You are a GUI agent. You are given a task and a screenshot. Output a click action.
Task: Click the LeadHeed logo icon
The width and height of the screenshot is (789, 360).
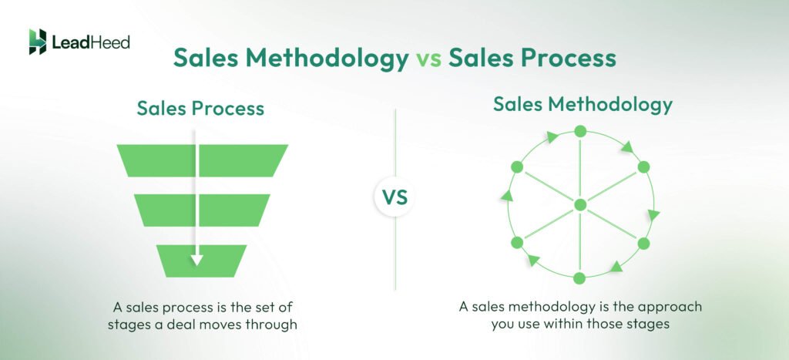[37, 42]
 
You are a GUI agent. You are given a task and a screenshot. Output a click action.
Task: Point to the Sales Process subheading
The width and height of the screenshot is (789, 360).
[200, 109]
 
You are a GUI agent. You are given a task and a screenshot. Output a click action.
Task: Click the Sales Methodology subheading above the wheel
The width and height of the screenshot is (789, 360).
[583, 104]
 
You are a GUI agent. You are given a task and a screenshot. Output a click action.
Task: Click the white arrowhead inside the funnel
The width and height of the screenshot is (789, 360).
[196, 261]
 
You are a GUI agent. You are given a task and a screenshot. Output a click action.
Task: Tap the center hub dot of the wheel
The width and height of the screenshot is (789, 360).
[580, 204]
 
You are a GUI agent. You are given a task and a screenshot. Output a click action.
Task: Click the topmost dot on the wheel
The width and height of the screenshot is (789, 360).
[581, 130]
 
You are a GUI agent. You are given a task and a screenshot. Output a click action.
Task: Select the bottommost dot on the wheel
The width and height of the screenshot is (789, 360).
[580, 278]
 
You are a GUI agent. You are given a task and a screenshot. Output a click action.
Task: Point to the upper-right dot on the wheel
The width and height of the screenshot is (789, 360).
[644, 167]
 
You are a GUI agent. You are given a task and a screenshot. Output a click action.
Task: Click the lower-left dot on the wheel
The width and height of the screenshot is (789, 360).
[517, 242]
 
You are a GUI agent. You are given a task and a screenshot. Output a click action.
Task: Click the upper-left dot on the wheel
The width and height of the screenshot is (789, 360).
[517, 167]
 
